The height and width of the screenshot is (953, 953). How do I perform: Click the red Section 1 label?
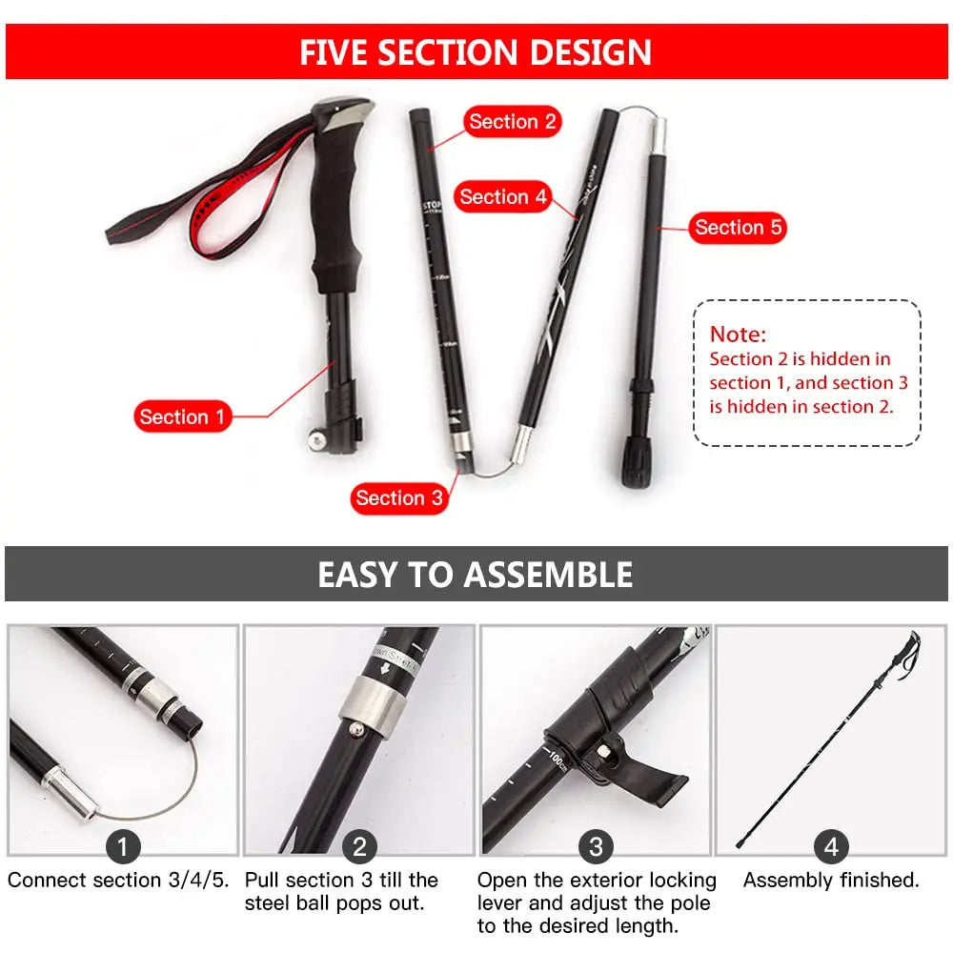point(182,416)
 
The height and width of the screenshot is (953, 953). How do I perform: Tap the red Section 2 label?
point(512,122)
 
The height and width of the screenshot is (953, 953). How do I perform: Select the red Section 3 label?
point(398,497)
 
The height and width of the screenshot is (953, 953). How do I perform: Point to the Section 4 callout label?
point(503,197)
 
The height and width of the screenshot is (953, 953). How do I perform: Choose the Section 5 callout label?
point(738,228)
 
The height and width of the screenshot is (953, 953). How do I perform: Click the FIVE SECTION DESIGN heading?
point(476,51)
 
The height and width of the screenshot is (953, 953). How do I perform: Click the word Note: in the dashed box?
point(738,335)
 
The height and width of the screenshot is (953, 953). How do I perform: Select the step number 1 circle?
point(123,846)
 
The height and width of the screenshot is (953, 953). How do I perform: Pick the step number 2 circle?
point(359,846)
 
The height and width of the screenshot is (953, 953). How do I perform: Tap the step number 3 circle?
point(596,846)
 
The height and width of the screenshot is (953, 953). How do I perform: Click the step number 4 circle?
point(831,846)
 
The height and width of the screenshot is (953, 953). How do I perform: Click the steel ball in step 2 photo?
point(355,729)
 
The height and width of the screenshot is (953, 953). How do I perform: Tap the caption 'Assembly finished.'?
point(831,881)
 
